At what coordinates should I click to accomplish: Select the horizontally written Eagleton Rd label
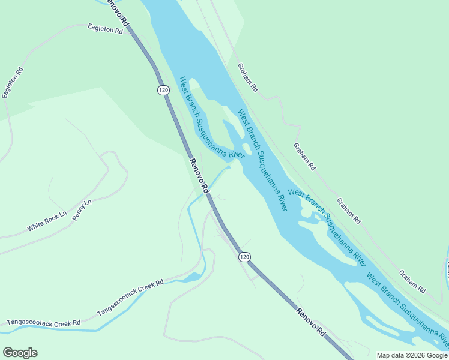tap(104, 29)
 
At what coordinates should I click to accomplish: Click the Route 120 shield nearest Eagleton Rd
tap(163, 90)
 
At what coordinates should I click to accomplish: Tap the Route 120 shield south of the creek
tap(244, 257)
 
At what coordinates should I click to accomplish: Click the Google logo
tap(20, 353)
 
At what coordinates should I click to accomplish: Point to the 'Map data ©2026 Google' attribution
tap(412, 355)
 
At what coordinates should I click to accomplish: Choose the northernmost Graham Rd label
tap(247, 77)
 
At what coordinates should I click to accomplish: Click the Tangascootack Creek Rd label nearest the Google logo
tap(43, 323)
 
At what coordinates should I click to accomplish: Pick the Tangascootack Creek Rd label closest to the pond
tap(130, 297)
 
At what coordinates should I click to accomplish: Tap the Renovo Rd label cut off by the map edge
tap(116, 12)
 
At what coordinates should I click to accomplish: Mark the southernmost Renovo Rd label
tap(311, 321)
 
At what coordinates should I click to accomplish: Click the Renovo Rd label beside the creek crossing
tap(199, 175)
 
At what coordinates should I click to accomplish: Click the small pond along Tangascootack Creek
tap(193, 277)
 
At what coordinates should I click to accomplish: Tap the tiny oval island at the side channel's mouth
tap(247, 148)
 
